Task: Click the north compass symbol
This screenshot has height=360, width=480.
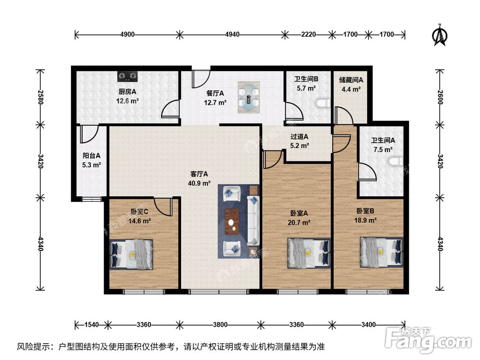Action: [x=439, y=35]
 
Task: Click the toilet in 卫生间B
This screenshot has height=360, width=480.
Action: [x=324, y=103]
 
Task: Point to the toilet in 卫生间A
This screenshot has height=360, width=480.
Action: [x=397, y=162]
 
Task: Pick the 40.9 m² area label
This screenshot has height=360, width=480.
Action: [x=199, y=183]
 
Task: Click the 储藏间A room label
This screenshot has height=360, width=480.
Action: [x=351, y=80]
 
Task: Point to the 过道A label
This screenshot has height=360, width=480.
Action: [x=300, y=137]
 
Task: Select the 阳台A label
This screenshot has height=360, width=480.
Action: [x=91, y=156]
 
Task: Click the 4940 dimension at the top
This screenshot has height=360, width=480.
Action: [x=232, y=34]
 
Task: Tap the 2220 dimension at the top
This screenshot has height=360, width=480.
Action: [x=309, y=34]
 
